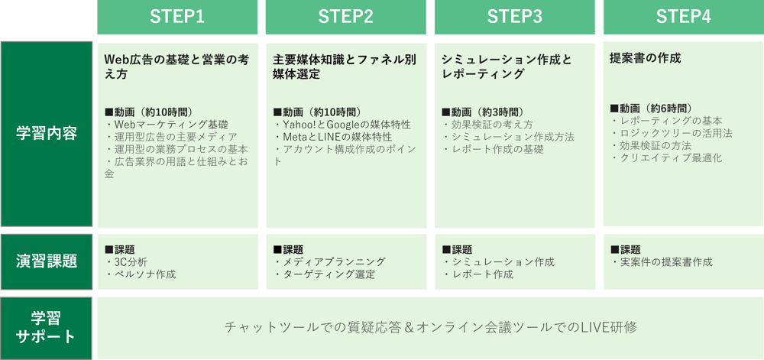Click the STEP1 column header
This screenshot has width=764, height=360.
[x=177, y=18]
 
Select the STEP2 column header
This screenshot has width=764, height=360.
[x=346, y=18]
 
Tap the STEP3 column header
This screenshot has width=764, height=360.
[x=514, y=18]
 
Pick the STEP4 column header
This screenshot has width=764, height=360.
[x=683, y=18]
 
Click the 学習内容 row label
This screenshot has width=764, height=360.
[x=47, y=134]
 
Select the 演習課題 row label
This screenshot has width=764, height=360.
[x=47, y=261]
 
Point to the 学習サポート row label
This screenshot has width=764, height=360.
[x=47, y=327]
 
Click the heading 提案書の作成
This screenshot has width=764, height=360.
[x=645, y=58]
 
